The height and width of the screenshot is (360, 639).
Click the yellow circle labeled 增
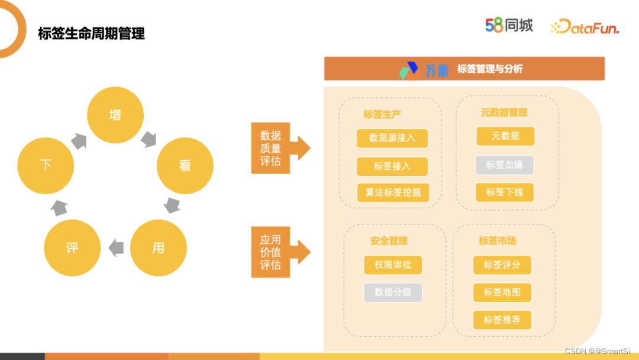coord(115,115)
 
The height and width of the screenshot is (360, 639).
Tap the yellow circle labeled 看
coord(185,166)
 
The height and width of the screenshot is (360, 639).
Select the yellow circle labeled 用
coord(158,247)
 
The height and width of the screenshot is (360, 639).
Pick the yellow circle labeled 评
coord(72,247)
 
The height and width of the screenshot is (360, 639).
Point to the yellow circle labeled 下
coord(46,165)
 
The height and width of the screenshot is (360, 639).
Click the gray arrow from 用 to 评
coord(116,247)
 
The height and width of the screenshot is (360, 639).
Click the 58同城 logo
coord(509,25)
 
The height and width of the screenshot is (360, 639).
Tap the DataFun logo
coord(585,27)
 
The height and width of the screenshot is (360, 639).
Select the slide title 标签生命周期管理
coord(91,34)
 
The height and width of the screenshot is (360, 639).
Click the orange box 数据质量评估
coord(270,148)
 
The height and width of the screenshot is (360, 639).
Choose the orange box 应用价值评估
coord(270,252)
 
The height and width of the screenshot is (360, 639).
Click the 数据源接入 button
coord(392,138)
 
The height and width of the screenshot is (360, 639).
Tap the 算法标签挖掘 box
coord(392,192)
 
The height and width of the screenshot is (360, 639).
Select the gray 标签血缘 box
coord(505,165)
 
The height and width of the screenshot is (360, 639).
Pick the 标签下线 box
coord(505,192)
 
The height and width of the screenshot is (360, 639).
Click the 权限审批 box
coord(393,265)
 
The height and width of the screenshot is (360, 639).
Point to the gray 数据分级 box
coord(393,292)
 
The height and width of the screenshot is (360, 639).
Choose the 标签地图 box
coord(502,292)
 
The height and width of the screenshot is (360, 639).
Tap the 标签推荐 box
coord(502,320)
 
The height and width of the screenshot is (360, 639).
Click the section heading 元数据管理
coord(504,112)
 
